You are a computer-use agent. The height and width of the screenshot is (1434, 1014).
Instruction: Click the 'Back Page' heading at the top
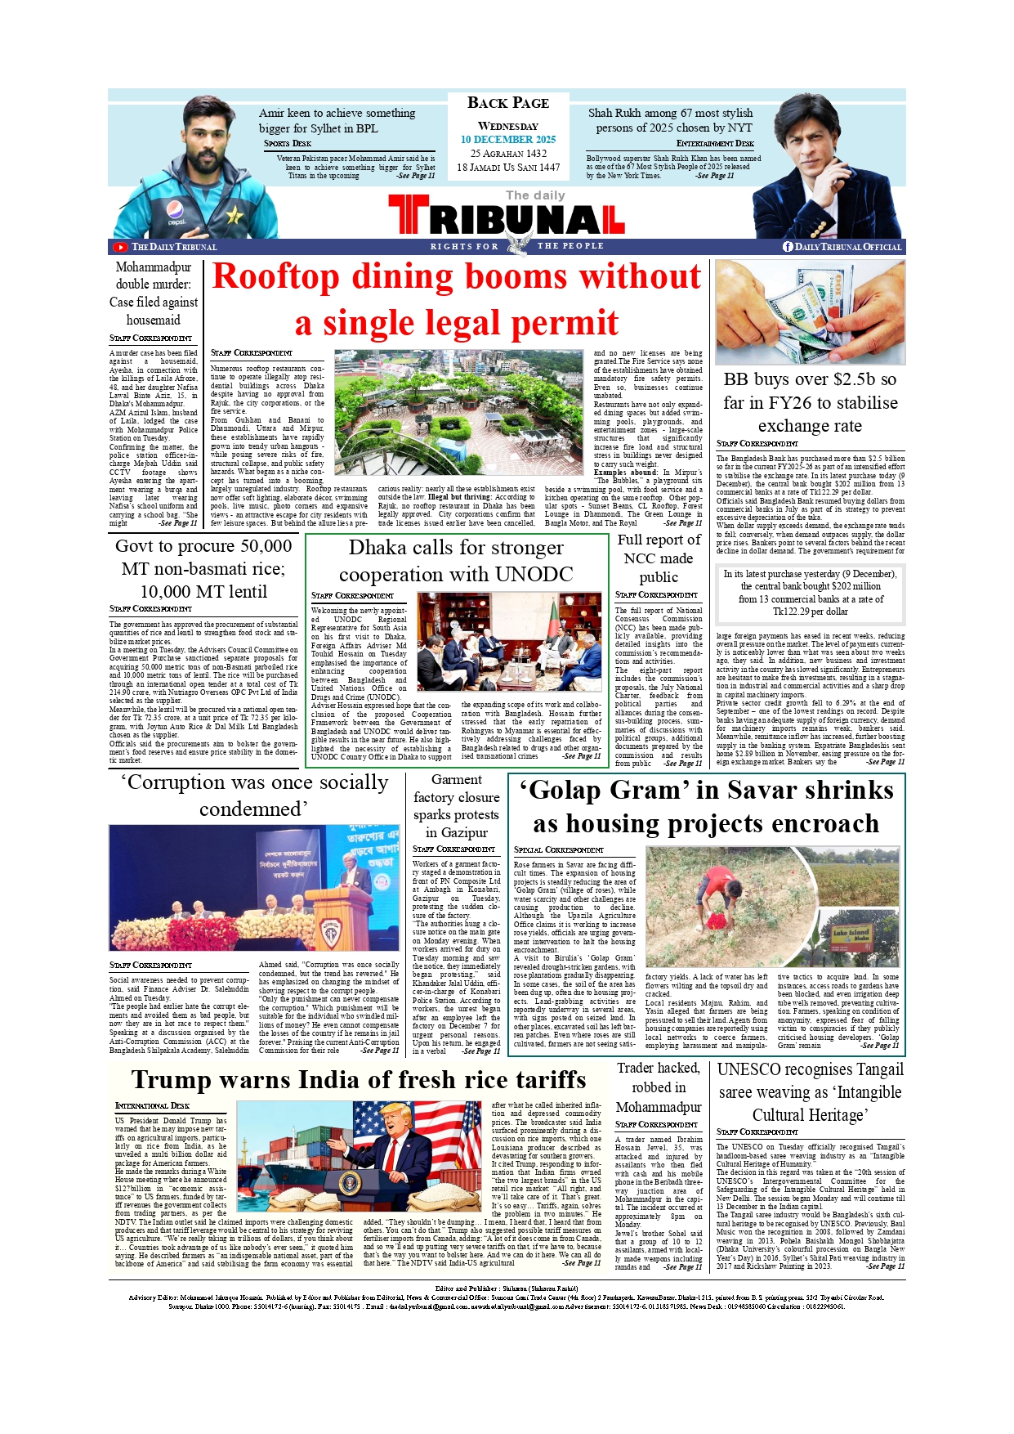coord(507,103)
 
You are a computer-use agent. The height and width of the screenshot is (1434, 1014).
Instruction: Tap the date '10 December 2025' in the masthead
coord(507,140)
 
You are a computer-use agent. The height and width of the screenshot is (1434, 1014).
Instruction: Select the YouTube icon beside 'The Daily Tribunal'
coord(121,247)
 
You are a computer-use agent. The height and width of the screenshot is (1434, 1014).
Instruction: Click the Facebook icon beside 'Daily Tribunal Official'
coord(788,247)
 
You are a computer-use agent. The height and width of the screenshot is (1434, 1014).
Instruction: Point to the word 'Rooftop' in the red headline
coord(275,276)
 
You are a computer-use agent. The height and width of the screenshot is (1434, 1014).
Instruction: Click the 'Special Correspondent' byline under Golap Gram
coord(558,850)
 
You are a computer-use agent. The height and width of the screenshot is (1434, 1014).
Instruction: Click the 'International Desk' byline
coord(152,1106)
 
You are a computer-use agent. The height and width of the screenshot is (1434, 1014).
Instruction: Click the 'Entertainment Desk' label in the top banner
coord(715,143)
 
